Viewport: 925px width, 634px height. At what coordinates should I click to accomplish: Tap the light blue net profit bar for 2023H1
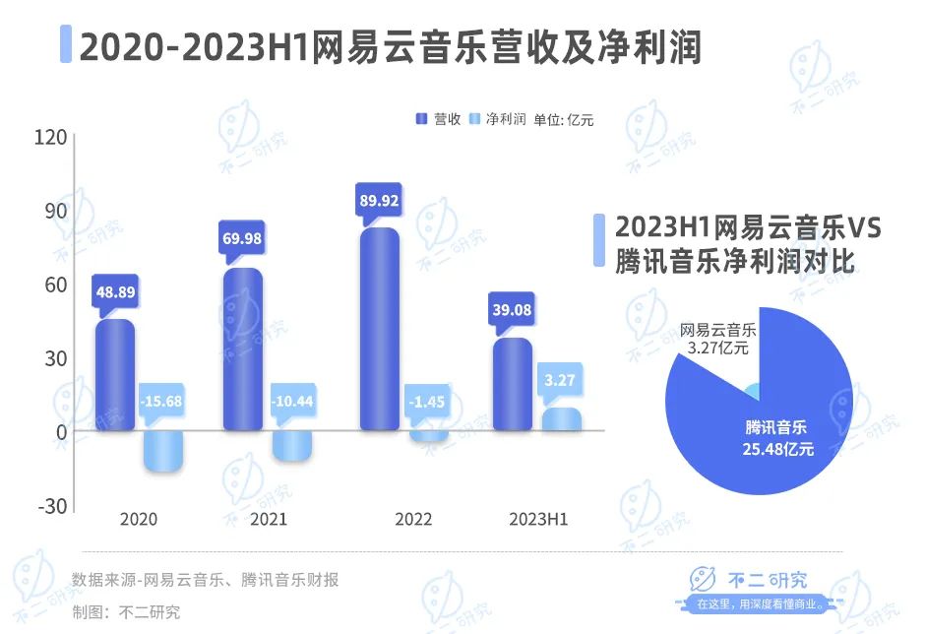[x=561, y=419]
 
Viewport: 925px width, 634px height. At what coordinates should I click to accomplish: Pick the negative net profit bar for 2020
[x=163, y=451]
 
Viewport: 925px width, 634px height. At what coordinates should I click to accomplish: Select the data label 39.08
[x=512, y=310]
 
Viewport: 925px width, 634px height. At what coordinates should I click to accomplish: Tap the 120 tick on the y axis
[x=54, y=137]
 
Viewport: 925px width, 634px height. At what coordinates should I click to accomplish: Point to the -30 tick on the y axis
[x=54, y=506]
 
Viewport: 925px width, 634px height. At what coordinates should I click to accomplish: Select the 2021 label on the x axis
[x=269, y=520]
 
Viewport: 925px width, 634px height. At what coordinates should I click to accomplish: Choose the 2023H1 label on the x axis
[x=537, y=520]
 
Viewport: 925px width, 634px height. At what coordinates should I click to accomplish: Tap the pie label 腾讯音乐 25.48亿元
[x=776, y=438]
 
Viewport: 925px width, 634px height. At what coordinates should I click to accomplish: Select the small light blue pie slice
[x=753, y=393]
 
